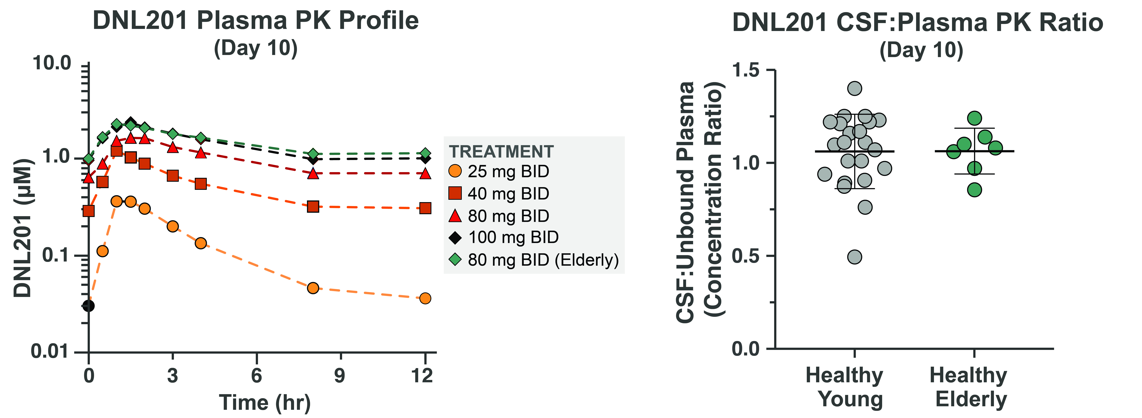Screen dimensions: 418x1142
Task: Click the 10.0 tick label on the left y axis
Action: click(x=52, y=63)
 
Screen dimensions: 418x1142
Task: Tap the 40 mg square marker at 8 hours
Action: click(x=313, y=206)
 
